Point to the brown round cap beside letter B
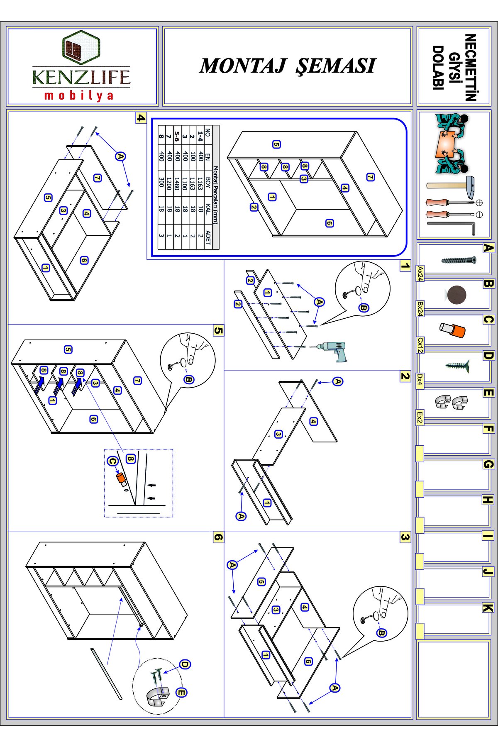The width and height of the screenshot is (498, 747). [456, 295]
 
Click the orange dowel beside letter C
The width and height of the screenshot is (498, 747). [452, 330]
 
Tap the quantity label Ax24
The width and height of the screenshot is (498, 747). [420, 274]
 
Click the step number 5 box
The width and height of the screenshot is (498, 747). [219, 331]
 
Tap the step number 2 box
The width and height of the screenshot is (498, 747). [405, 376]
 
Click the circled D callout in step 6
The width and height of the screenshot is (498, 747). [185, 664]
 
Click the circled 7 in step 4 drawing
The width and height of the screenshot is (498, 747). [97, 178]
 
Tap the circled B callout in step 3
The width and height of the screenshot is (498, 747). [381, 633]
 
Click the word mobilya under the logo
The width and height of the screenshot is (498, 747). [79, 96]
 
